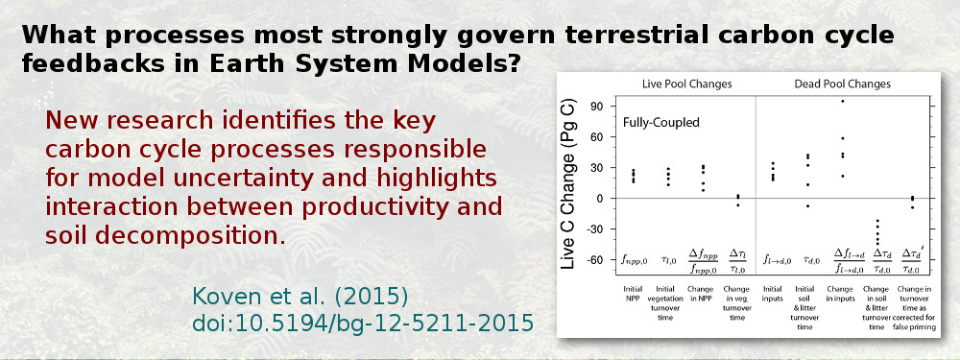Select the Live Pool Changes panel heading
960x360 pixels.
point(687,84)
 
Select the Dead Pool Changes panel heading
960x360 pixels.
point(842,84)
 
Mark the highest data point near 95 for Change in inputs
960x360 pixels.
point(843,101)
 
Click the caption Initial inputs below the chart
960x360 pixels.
point(773,292)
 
